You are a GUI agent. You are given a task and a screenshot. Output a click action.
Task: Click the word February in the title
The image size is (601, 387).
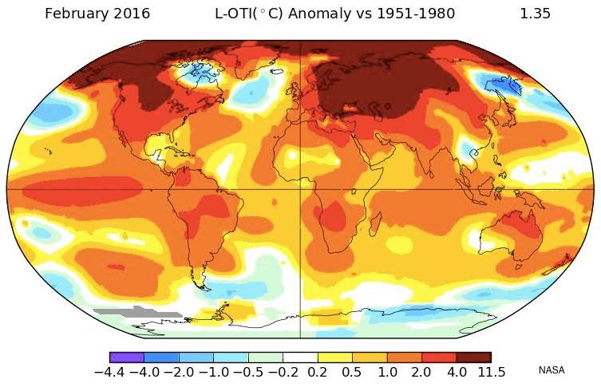pos(72,14)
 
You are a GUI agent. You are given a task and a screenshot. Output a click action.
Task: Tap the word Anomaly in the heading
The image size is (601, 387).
pos(319,14)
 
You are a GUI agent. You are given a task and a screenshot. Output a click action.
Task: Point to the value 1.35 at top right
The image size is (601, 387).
pos(535,14)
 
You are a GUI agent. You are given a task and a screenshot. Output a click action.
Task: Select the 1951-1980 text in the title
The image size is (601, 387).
pos(416,14)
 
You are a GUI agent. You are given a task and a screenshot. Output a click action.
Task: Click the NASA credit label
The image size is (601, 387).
pos(552,370)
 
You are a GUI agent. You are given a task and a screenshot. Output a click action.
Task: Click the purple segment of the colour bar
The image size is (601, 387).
pos(127,357)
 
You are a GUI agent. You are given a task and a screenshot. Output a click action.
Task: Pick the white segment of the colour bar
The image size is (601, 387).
pos(300,357)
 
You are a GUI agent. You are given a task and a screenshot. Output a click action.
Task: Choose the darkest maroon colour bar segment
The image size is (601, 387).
pos(474,357)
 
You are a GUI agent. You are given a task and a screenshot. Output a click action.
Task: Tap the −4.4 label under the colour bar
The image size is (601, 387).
pos(109,372)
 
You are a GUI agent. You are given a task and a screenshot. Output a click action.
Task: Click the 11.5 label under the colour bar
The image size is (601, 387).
pos(492,372)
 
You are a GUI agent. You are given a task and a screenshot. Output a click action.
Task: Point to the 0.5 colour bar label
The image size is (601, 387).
pos(352,372)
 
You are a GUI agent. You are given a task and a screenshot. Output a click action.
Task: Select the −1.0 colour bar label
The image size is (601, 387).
pos(214,372)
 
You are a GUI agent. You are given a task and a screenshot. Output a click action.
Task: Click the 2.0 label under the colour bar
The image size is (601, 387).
pos(421,372)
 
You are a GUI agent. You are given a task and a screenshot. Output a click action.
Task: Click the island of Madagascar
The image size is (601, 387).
pos(375,224)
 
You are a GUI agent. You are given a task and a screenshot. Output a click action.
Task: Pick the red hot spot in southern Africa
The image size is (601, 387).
pos(331,216)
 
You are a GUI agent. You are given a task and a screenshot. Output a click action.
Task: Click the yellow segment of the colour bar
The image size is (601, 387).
pos(334,357)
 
